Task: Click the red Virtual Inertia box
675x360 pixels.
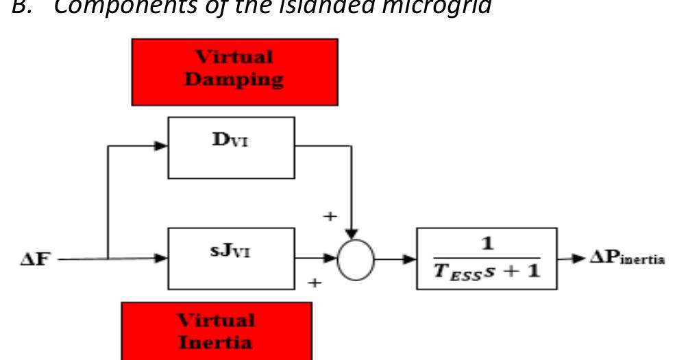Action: (x=217, y=331)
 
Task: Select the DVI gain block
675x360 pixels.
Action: (x=231, y=147)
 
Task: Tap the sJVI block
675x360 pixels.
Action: (x=231, y=259)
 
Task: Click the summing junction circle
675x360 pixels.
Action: (x=356, y=260)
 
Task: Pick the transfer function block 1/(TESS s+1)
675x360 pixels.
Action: (x=487, y=259)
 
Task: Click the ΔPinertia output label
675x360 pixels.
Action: (x=625, y=259)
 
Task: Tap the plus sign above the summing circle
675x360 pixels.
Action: (x=330, y=216)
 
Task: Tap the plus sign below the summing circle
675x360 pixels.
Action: (x=315, y=281)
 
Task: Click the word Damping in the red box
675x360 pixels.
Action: (x=234, y=80)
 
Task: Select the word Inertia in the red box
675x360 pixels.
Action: (x=217, y=341)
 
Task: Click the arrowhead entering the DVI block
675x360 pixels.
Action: (x=162, y=146)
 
